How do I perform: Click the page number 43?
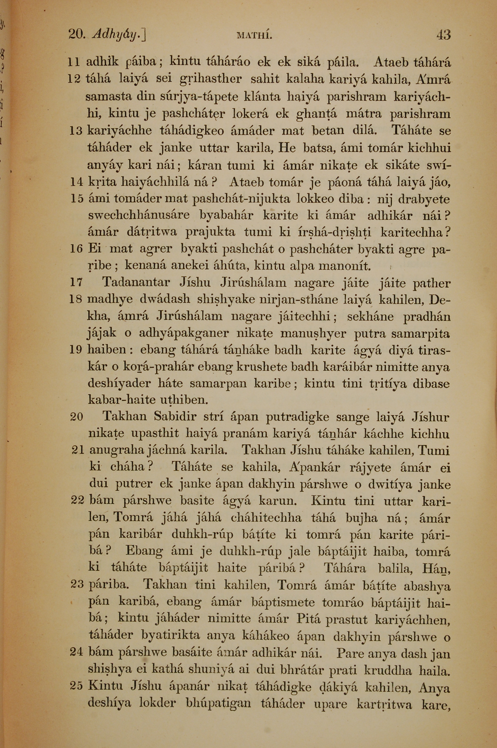click(443, 35)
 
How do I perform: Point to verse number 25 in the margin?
click(76, 686)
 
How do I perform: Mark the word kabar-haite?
click(123, 400)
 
